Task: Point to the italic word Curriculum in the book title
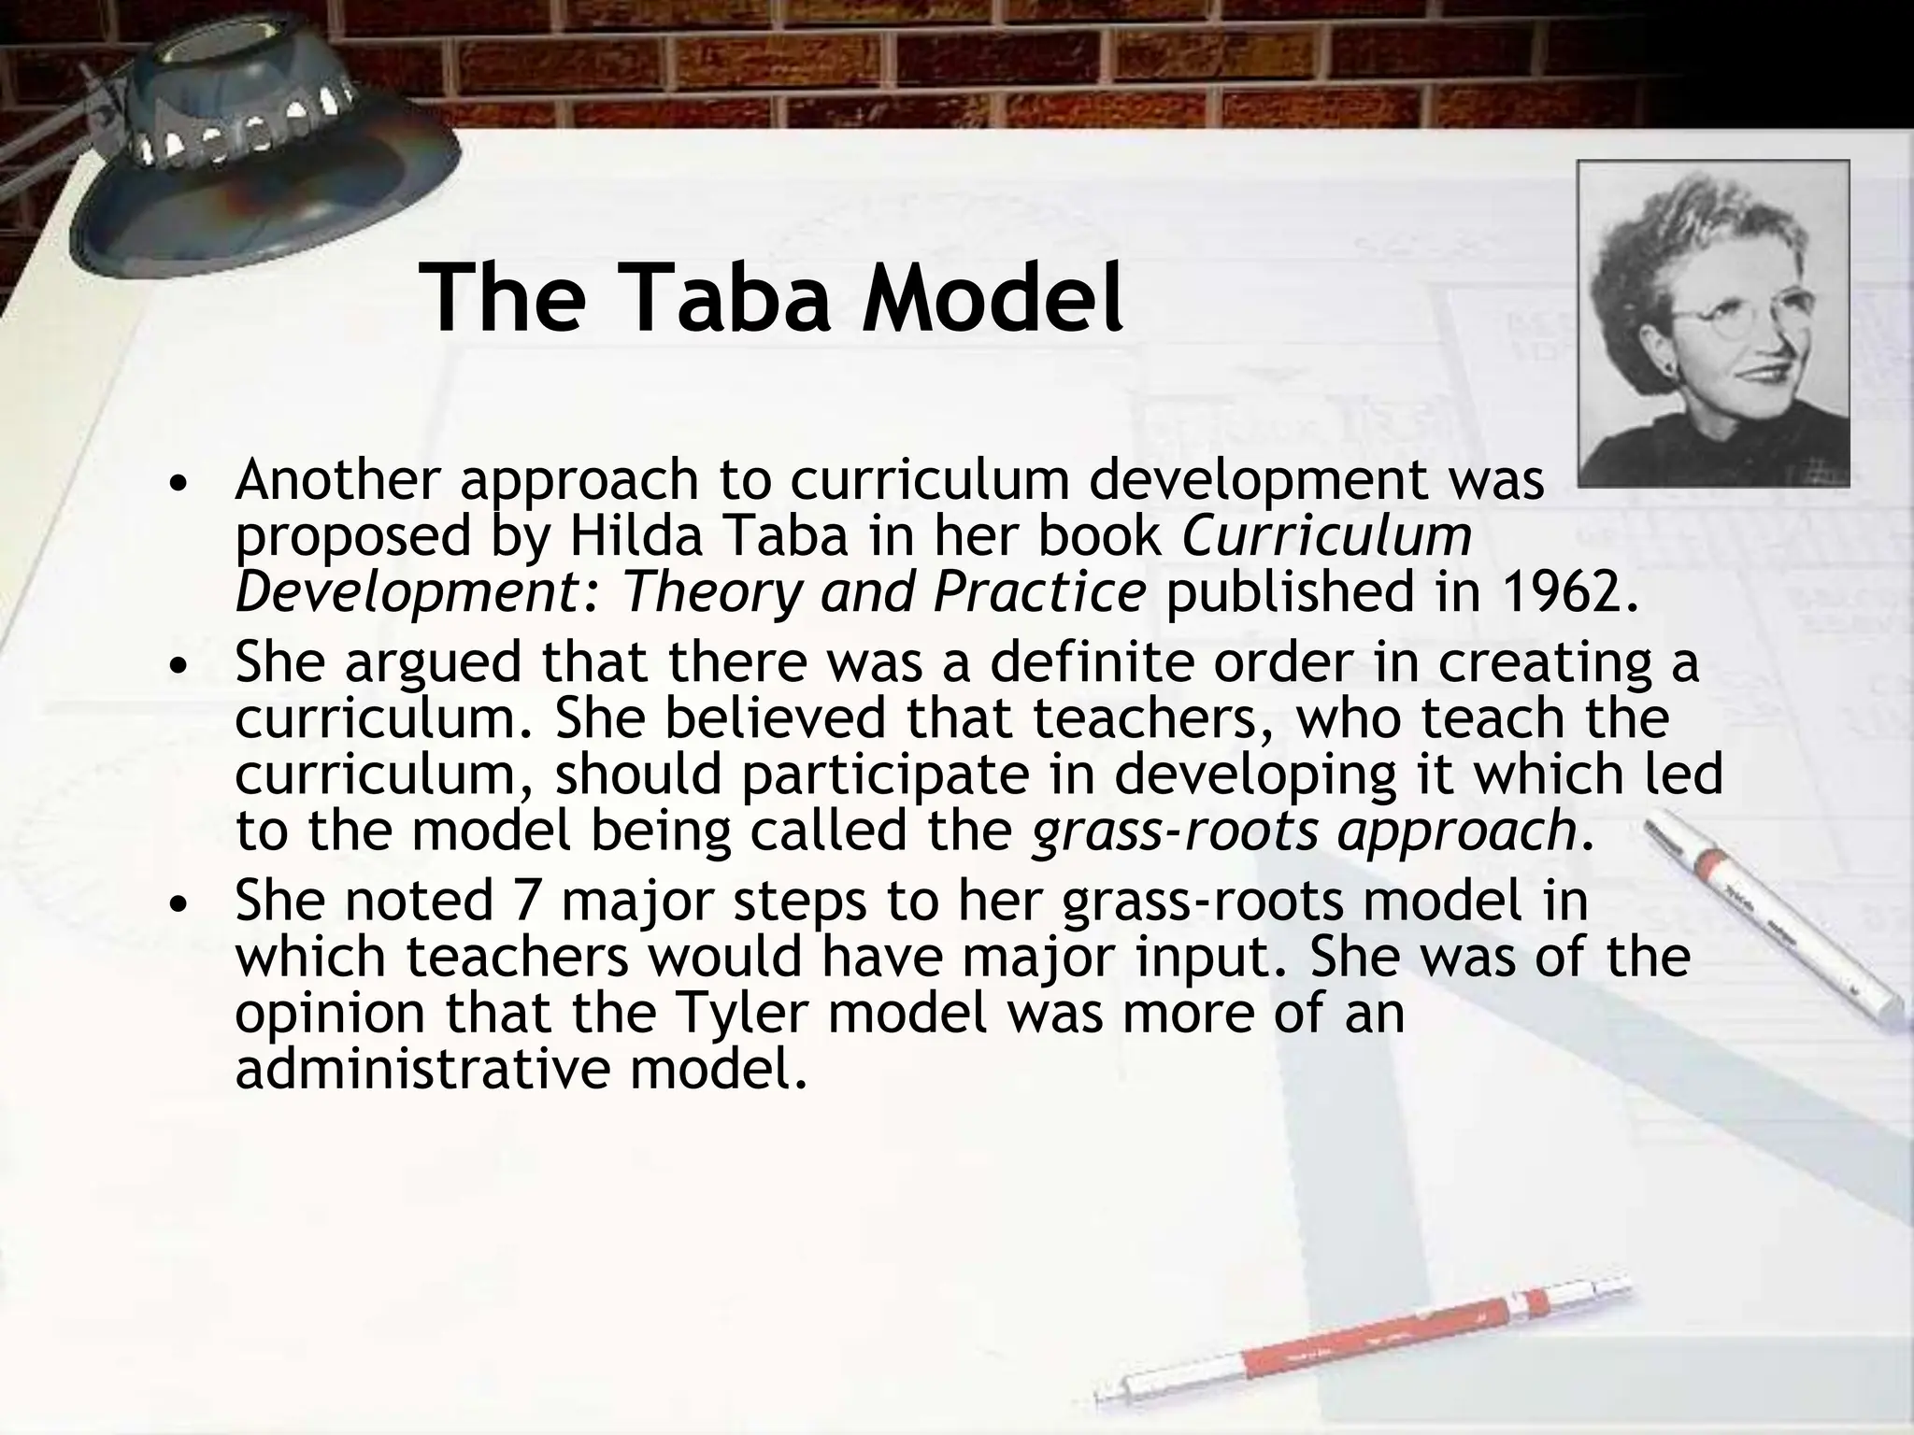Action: tap(1327, 536)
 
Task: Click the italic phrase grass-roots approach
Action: tap(1304, 830)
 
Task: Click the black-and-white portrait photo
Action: tap(1712, 323)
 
